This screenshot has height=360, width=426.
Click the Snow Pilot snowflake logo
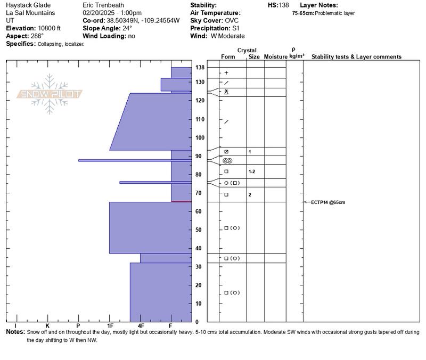point(50,94)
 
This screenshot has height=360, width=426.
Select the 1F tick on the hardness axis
point(110,325)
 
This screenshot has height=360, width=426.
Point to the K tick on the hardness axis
point(47,325)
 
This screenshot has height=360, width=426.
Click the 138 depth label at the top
point(200,68)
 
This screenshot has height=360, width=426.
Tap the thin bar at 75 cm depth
point(155,183)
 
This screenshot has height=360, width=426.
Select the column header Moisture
point(275,57)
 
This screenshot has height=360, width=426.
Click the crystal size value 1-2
point(252,171)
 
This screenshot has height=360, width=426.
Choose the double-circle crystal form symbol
point(227,160)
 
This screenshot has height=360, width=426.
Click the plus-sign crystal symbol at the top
point(226,73)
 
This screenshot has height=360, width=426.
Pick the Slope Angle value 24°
point(126,28)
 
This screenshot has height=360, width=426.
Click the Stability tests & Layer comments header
point(356,57)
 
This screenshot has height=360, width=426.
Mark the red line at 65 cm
point(181,201)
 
